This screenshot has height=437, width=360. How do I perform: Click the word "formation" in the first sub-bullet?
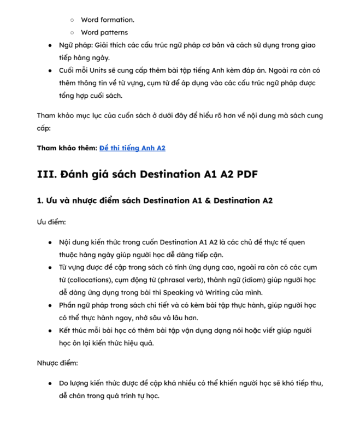pyautogui.click(x=117, y=20)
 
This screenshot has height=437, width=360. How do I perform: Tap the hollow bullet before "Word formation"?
pyautogui.click(x=72, y=20)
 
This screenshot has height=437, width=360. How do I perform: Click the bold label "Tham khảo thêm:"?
pyautogui.click(x=67, y=148)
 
